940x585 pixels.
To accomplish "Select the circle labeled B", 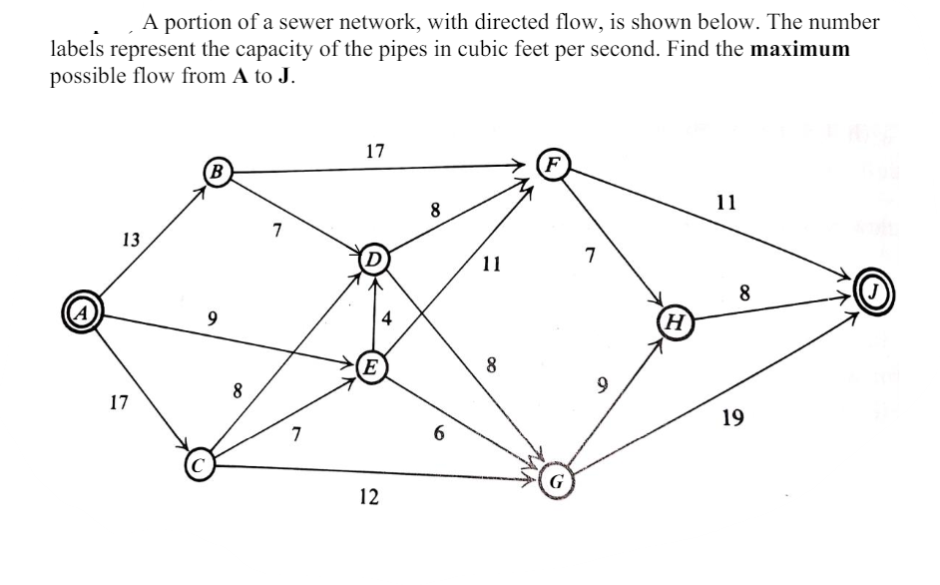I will click(215, 169).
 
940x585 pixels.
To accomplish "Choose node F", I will click(553, 165).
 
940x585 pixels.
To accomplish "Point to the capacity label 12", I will click(368, 497).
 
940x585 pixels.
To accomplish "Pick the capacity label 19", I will click(731, 418).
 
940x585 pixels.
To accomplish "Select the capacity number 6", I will click(438, 435).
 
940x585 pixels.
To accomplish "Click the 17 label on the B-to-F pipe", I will click(374, 152).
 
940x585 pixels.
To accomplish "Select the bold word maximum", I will click(794, 49).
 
